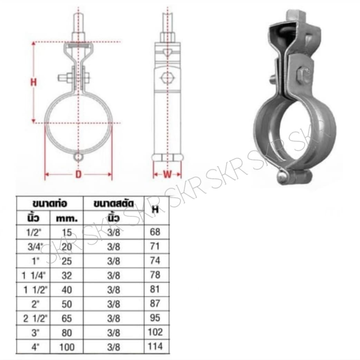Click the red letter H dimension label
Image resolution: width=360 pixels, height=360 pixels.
pos(34,82)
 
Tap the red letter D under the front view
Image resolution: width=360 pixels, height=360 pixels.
pos(78,174)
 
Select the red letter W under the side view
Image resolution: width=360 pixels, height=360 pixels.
pos(167,175)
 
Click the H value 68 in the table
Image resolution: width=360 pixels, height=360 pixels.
pos(155,232)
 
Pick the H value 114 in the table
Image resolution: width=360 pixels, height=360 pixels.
pos(155,346)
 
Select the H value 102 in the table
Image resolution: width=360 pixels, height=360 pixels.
pos(155,332)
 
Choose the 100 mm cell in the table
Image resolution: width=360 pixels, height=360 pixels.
pos(67,347)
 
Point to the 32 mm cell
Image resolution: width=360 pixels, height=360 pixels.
pos(67,276)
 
